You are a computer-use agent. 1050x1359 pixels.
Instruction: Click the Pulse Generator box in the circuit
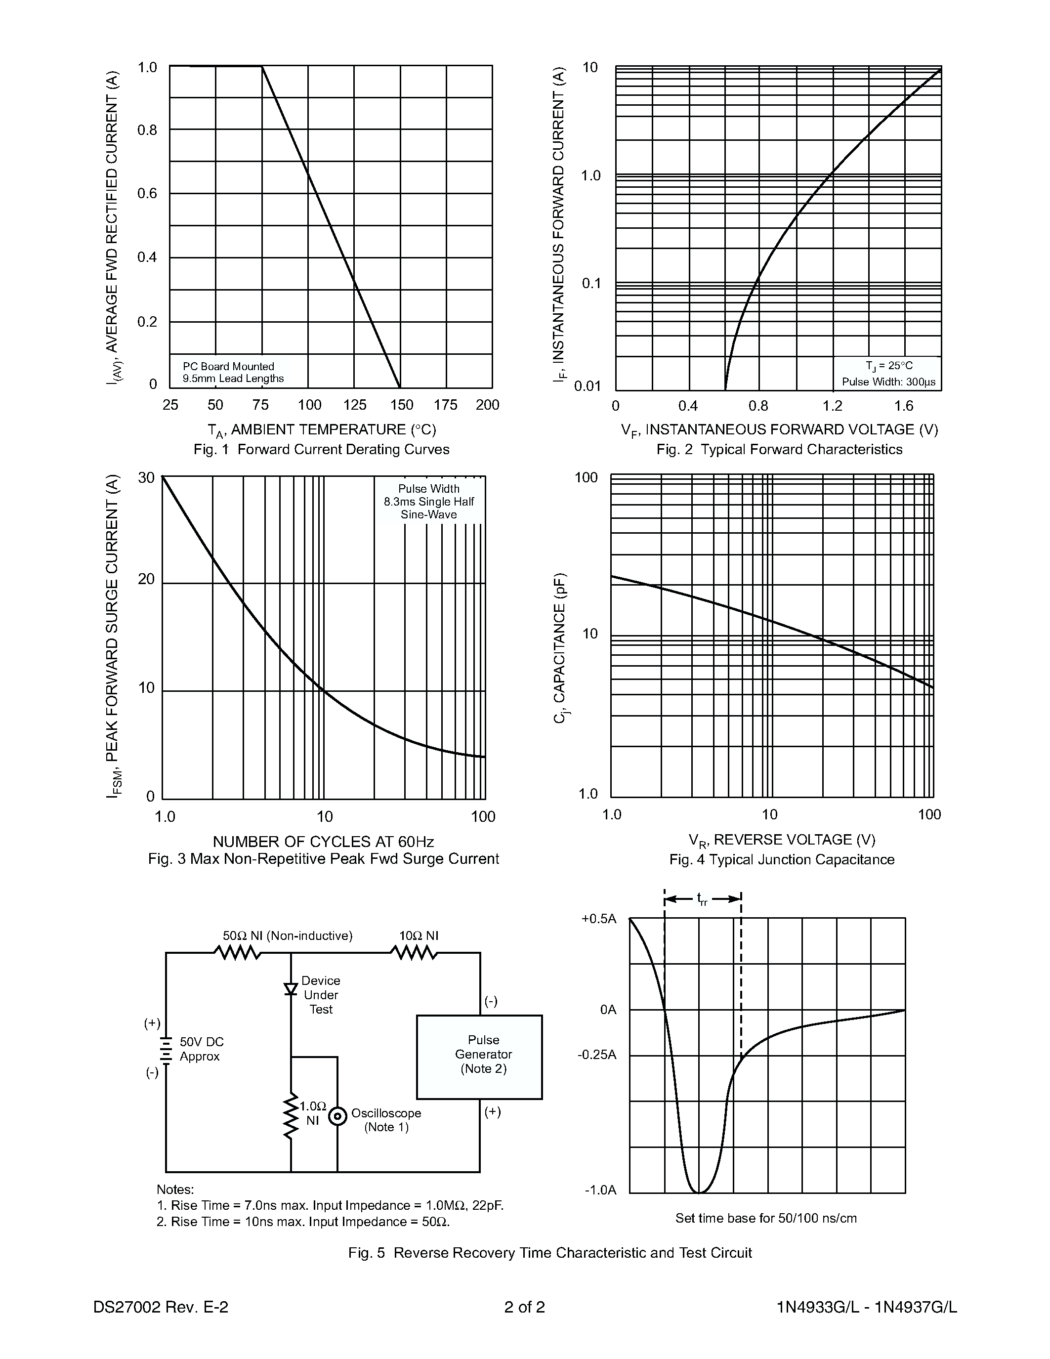tap(479, 1057)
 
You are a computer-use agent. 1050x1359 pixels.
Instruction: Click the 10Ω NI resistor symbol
tap(414, 953)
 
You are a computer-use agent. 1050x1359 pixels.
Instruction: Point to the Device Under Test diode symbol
tap(291, 989)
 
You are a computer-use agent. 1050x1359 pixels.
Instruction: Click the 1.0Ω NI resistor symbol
tap(291, 1117)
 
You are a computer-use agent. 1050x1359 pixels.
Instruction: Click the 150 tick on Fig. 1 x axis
tap(401, 405)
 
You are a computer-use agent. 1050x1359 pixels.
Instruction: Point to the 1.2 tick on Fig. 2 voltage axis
tap(832, 406)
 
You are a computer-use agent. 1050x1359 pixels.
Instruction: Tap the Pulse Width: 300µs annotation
tap(888, 382)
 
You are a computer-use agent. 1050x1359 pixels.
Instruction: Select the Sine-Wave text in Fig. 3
tap(428, 514)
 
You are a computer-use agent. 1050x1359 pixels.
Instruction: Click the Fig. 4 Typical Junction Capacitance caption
tap(781, 859)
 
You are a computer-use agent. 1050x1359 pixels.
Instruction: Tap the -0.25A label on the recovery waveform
tap(597, 1056)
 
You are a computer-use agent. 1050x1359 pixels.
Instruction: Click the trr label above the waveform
tap(702, 899)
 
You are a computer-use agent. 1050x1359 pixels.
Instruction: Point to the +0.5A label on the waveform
tap(598, 919)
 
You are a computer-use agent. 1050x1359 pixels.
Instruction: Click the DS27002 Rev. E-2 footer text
tap(161, 1307)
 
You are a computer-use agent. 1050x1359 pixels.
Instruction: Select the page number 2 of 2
tap(524, 1307)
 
